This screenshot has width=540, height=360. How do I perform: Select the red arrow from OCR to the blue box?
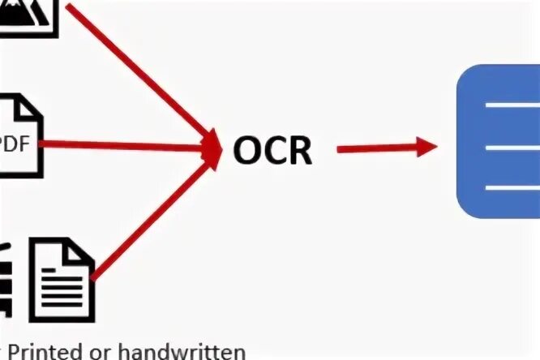(x=381, y=148)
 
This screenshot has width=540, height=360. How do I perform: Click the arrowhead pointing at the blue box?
(x=428, y=146)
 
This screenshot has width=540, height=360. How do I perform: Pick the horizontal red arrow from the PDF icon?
(x=122, y=146)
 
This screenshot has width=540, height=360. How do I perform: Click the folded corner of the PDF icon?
(x=32, y=105)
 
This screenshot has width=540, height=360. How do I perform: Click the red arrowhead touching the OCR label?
(x=212, y=148)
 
